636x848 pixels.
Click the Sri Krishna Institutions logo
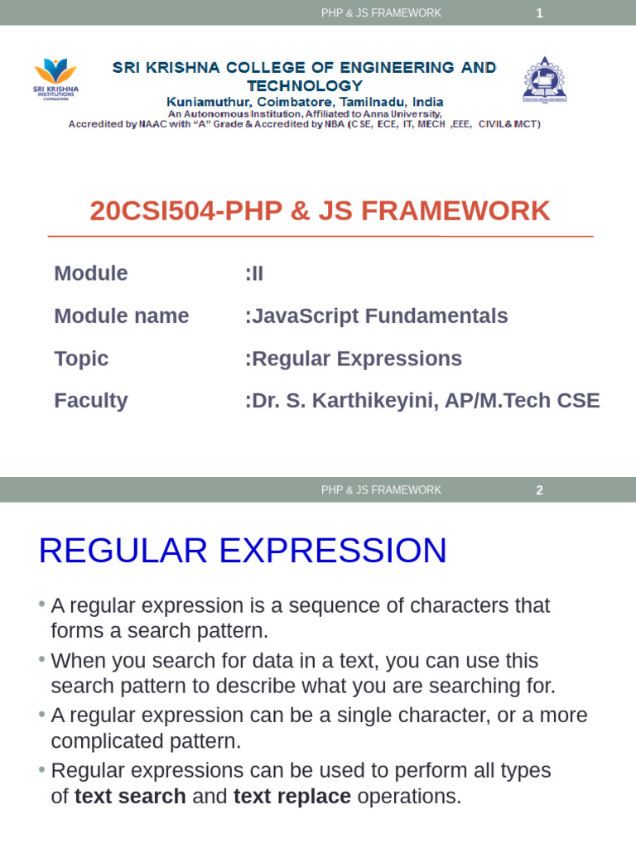click(55, 79)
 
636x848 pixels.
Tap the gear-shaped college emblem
click(545, 79)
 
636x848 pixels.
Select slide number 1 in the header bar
click(539, 13)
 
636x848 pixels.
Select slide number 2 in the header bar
click(539, 490)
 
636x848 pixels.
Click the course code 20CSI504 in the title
click(152, 211)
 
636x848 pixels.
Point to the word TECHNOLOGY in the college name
click(305, 86)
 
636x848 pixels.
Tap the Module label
click(91, 273)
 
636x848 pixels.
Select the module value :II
click(254, 273)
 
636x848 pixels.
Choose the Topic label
click(81, 359)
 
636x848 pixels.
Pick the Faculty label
click(91, 401)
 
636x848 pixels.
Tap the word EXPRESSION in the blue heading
click(333, 551)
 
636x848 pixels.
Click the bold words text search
click(130, 797)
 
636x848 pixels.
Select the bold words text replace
click(292, 797)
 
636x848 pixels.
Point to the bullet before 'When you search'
click(41, 659)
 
